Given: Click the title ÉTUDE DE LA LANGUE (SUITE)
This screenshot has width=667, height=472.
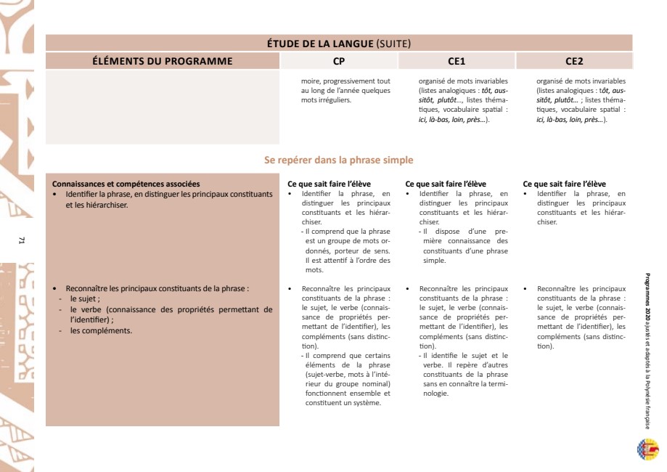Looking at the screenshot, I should pyautogui.click(x=339, y=44).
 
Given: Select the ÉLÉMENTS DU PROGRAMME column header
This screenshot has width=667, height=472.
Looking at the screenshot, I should pyautogui.click(x=163, y=61).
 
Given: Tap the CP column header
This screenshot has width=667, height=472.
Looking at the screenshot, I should pyautogui.click(x=339, y=61).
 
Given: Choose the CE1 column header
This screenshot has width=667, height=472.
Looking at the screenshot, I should pyautogui.click(x=457, y=61).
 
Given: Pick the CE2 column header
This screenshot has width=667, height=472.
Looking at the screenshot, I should pyautogui.click(x=574, y=61).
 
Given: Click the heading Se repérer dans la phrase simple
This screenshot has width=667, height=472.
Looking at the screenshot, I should pyautogui.click(x=339, y=160).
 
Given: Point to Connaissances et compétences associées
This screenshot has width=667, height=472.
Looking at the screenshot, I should pyautogui.click(x=126, y=184).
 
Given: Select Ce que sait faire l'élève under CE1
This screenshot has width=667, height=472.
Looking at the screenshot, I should pyautogui.click(x=446, y=184).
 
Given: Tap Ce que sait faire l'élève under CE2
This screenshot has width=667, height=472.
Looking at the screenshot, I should pyautogui.click(x=564, y=184).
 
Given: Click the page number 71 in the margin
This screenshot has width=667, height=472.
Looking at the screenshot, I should pyautogui.click(x=22, y=240).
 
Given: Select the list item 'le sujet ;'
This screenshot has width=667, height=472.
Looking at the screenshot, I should pyautogui.click(x=85, y=298).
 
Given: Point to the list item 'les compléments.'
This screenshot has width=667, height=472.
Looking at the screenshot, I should pyautogui.click(x=101, y=330).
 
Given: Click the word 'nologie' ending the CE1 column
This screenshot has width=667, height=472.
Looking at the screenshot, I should pyautogui.click(x=435, y=394).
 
